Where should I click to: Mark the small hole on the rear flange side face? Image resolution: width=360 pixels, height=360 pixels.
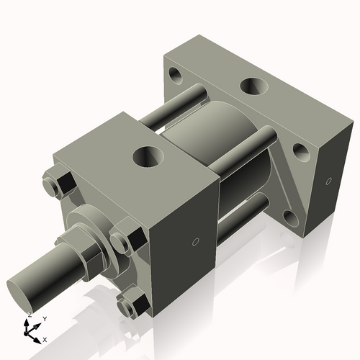click(328, 181)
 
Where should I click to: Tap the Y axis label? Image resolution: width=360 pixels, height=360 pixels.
click(44, 318)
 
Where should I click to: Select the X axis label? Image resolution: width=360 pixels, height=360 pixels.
click(45, 338)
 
